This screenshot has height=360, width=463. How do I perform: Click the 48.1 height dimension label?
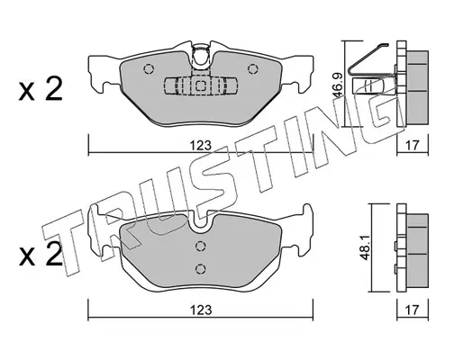pyautogui.click(x=366, y=247)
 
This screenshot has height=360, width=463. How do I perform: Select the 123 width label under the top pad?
pyautogui.click(x=200, y=146)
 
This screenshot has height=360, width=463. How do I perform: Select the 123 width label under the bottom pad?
pyautogui.click(x=200, y=310)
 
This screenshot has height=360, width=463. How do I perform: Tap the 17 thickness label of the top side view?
pyautogui.click(x=412, y=146)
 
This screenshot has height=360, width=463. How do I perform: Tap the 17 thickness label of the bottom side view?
pyautogui.click(x=412, y=310)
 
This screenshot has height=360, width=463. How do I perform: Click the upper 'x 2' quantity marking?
pyautogui.click(x=41, y=88)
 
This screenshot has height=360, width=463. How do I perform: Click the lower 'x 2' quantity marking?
pyautogui.click(x=41, y=254)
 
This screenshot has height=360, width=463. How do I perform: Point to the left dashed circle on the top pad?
pyautogui.click(x=149, y=69)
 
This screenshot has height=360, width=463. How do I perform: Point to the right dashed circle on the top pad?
pyautogui.click(x=252, y=69)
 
